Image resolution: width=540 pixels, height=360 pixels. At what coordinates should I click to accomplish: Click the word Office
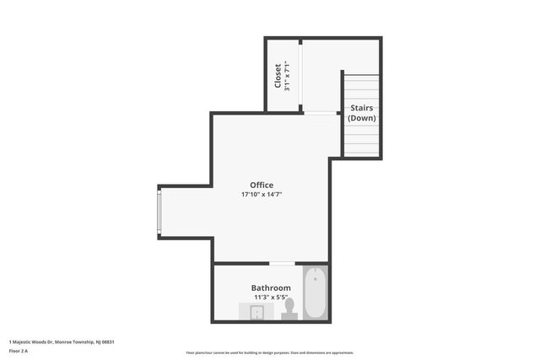coord(262,185)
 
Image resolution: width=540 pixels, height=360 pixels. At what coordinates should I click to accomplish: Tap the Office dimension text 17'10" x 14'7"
coord(262,195)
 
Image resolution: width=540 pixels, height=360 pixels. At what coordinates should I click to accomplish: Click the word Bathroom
coord(271,287)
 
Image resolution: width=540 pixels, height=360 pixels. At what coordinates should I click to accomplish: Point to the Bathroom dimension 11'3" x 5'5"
coord(271,298)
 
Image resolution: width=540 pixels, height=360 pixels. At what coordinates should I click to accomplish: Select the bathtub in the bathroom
coord(314,293)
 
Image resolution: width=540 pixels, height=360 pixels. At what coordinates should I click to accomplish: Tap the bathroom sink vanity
coord(256,312)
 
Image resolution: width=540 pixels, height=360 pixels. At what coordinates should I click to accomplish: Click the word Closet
coord(278,76)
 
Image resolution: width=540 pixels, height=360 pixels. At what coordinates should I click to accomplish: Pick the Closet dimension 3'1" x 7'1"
coord(287,76)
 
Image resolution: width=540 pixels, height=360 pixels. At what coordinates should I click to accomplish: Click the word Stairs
coord(362,108)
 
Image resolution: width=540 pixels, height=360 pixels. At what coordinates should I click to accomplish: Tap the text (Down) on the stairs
coord(362,118)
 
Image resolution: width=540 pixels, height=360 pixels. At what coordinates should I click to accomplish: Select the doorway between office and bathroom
coord(282,264)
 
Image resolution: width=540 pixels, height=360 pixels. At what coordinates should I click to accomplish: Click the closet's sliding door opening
coord(300,76)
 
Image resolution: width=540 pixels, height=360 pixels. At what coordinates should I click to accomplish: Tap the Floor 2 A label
coord(19,350)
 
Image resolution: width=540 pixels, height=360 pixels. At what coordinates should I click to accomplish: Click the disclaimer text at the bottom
coord(269,352)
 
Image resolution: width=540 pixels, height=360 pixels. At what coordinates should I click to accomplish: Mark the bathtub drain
coord(314,275)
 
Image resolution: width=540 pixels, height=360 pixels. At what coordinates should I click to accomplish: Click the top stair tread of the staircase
coord(362,78)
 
